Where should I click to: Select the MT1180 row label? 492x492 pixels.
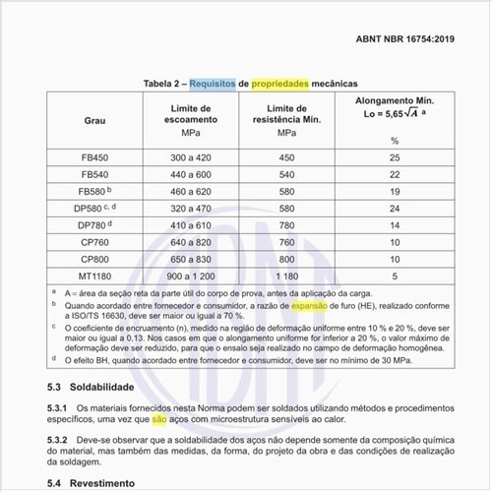(x=95, y=277)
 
